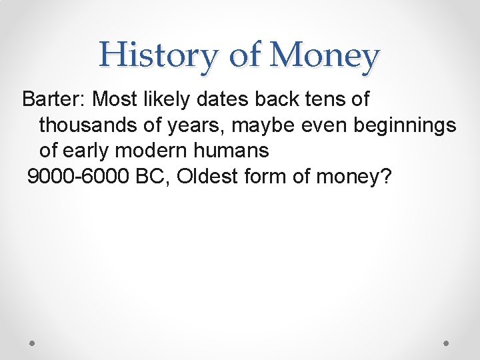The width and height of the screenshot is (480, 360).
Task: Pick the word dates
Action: click(223, 99)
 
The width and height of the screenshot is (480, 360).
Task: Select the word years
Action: click(193, 126)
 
